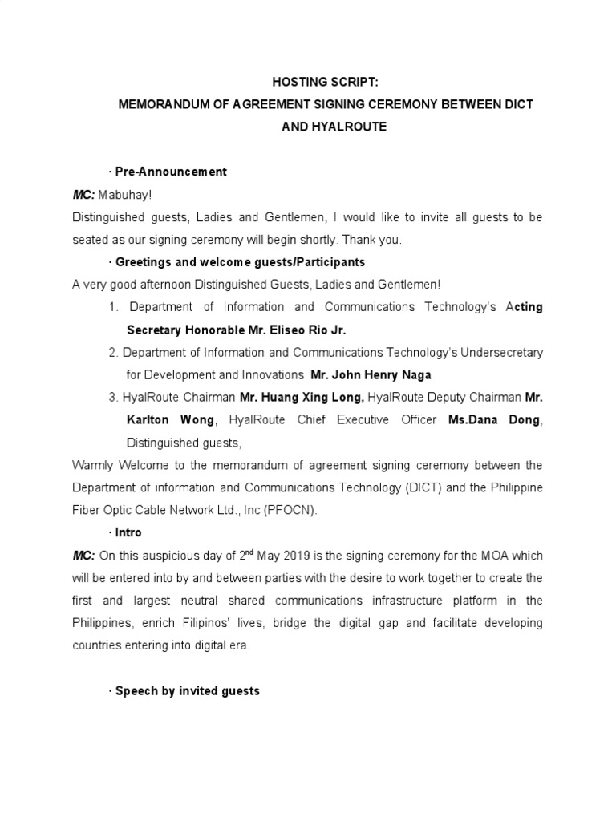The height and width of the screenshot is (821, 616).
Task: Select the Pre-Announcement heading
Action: coord(171,172)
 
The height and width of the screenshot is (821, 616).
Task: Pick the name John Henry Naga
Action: coord(371,374)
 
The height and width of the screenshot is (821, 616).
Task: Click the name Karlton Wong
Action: coord(170,419)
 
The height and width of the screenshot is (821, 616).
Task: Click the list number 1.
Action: coord(113,307)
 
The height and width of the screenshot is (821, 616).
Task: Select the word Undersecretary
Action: coord(497,352)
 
